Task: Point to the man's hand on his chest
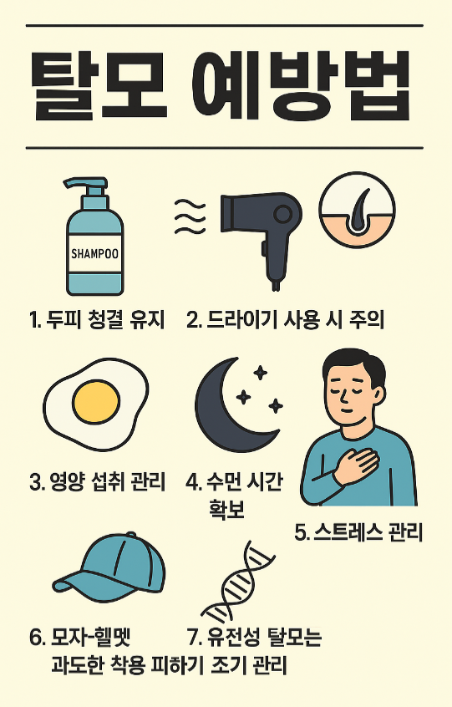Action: click(x=358, y=464)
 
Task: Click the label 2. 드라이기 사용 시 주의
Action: click(x=285, y=319)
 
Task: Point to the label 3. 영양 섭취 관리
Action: click(x=98, y=482)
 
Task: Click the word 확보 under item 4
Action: click(x=226, y=509)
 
